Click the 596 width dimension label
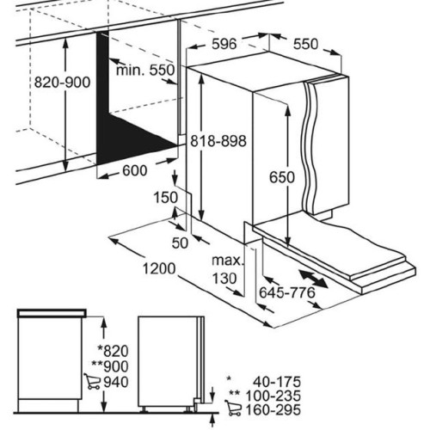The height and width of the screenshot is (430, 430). [224, 44]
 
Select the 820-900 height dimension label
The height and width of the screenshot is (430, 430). [62, 83]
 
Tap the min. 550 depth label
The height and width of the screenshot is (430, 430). [145, 70]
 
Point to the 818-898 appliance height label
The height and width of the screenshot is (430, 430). [218, 141]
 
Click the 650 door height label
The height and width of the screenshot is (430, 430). [282, 177]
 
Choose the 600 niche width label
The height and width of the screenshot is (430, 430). [135, 170]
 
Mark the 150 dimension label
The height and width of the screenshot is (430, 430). [166, 198]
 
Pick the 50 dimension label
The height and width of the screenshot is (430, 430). [180, 243]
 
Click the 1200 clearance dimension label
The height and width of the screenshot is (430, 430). [159, 268]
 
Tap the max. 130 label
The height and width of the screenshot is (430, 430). [227, 269]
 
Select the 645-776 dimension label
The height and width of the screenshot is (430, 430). [287, 292]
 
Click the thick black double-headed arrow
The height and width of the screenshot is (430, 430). [313, 279]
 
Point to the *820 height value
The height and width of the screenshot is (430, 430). [113, 351]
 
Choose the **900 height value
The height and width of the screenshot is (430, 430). [110, 366]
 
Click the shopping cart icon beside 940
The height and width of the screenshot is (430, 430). [92, 381]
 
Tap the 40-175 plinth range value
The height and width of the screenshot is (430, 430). [277, 382]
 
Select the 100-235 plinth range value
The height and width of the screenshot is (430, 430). [273, 396]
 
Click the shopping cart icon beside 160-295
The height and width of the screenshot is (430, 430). [233, 408]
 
